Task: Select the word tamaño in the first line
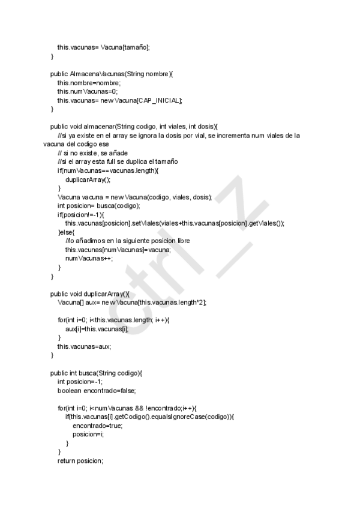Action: (x=134, y=47)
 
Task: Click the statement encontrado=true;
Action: (x=97, y=426)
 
